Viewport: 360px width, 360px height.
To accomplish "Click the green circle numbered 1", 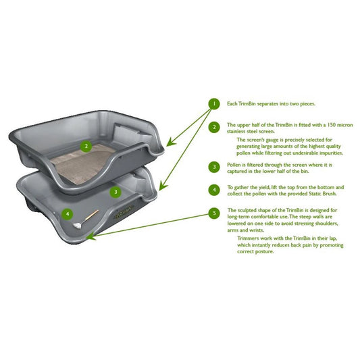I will [214, 103].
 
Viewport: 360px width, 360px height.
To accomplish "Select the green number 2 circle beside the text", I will [214, 126].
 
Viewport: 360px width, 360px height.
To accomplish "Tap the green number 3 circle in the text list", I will [214, 166].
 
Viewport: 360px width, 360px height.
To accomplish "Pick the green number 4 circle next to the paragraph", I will [214, 190].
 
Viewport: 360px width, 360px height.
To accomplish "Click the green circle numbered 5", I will [214, 213].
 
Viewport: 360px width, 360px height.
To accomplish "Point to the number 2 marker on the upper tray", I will [85, 145].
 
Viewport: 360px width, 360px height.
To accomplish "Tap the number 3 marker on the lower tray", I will [115, 192].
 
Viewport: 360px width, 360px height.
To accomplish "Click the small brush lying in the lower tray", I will [88, 216].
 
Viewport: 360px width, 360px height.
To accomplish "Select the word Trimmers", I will [249, 238].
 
